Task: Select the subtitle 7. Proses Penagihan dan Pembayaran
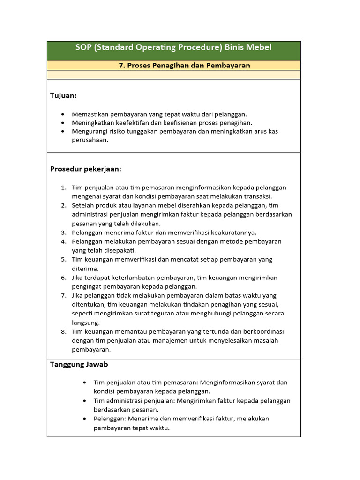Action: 184,66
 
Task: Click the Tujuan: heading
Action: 63,96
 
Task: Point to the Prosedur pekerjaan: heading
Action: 86,169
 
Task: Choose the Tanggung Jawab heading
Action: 79,364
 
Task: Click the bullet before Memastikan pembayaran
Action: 63,114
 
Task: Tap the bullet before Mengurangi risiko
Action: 63,132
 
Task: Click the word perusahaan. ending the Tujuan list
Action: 90,140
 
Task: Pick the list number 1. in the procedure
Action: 63,187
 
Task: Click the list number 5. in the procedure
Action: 63,260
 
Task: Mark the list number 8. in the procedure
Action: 63,332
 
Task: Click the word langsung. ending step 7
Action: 86,322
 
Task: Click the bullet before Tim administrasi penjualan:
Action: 84,401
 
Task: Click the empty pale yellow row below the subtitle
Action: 173,75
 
